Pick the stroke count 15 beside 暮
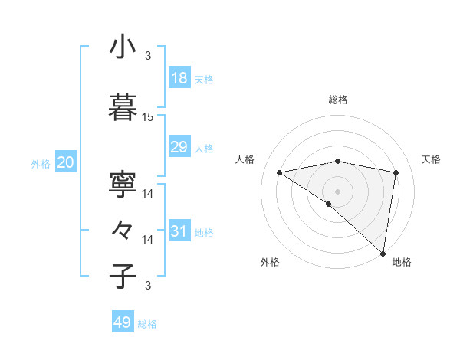[x=148, y=117]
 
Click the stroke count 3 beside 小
[x=148, y=56]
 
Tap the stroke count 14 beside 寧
[x=148, y=195]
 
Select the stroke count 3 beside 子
[x=148, y=286]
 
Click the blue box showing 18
[x=179, y=78]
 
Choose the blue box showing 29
[x=179, y=147]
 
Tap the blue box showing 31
[x=179, y=231]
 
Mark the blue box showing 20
[x=65, y=162]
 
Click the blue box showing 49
[x=123, y=322]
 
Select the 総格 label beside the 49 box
[x=147, y=324]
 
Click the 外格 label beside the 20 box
[x=40, y=163]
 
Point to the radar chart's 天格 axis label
[x=431, y=159]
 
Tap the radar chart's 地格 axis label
[x=402, y=262]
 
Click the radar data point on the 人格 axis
[x=280, y=172]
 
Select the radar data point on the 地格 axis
[x=383, y=253]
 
